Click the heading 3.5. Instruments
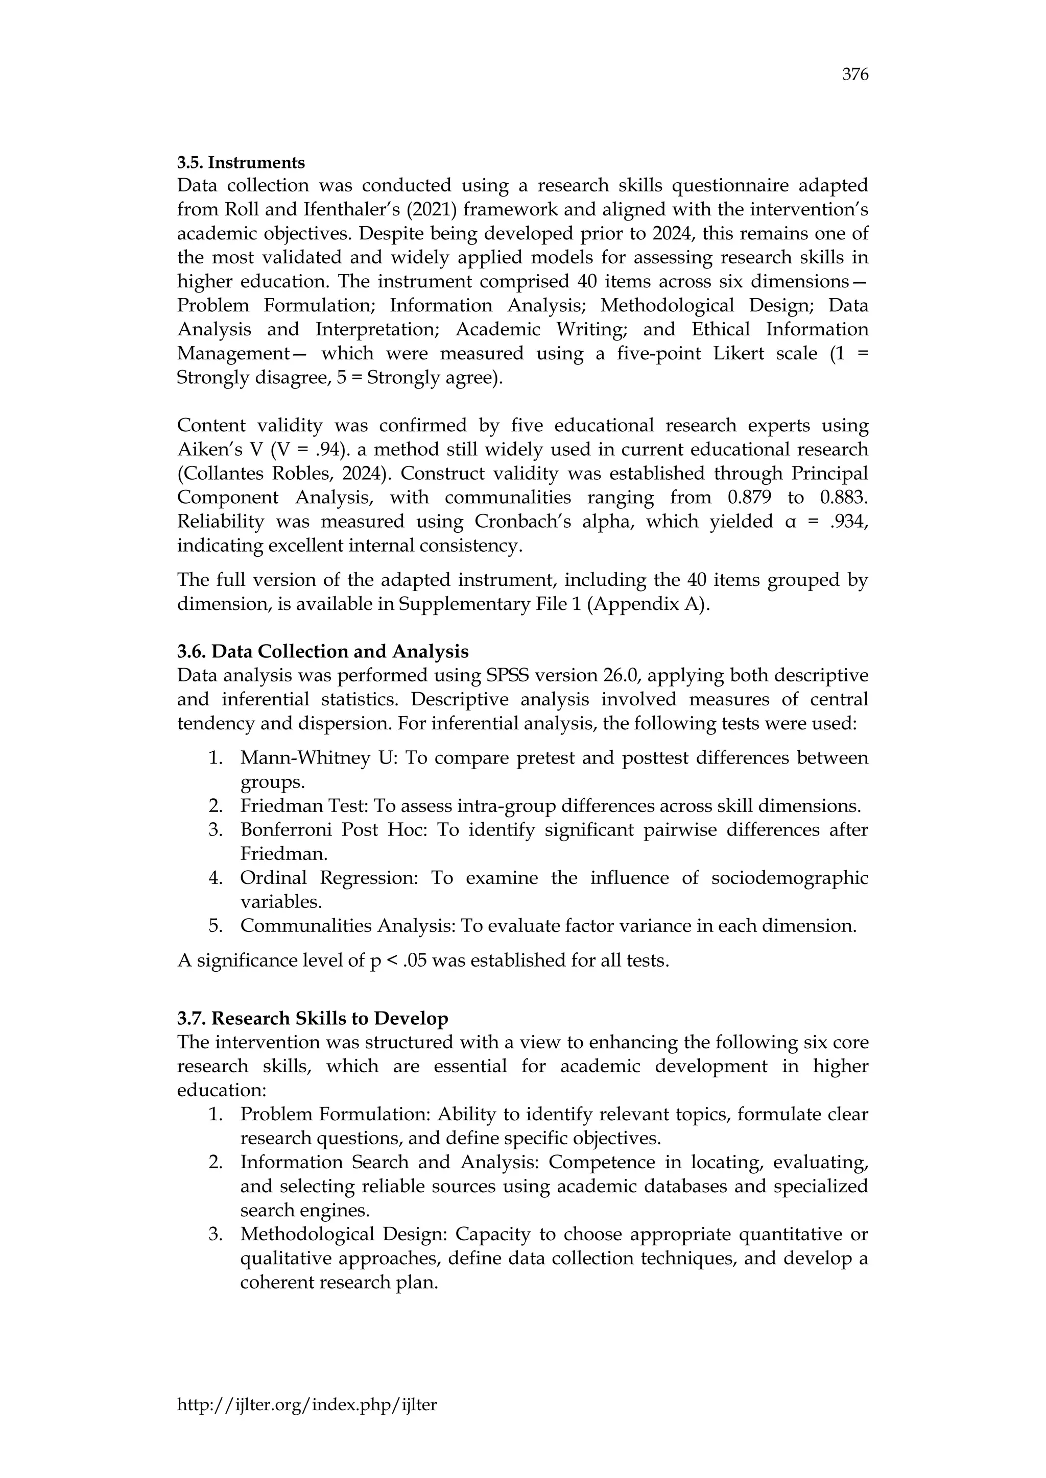241,162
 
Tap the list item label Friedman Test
302,806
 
